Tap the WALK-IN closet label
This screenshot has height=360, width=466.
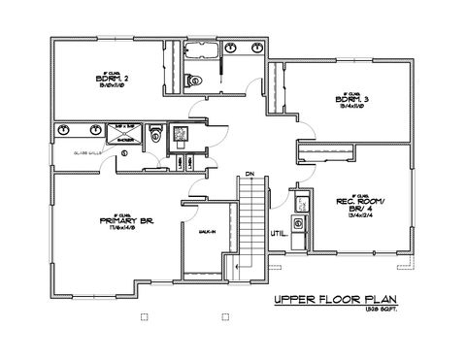(205, 234)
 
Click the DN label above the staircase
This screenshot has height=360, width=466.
(249, 174)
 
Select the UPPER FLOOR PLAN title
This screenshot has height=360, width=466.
(337, 301)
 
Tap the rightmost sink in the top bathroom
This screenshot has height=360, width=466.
(257, 47)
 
